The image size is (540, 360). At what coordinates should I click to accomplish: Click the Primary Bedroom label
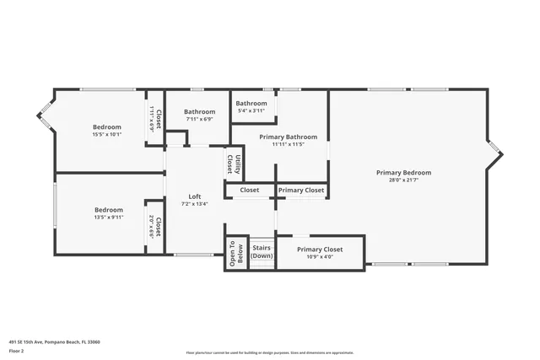point(403,172)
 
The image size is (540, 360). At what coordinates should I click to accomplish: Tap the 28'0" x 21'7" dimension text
point(403,180)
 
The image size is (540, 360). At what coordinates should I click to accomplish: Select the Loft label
point(194,196)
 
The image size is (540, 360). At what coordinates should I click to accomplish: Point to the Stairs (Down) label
point(262,251)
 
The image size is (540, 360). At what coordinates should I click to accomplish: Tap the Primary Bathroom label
point(289,137)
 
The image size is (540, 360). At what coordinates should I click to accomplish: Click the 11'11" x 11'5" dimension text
point(289,144)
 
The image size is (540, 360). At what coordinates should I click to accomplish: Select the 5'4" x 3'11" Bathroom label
point(251,103)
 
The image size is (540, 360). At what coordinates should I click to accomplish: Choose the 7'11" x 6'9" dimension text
point(200,119)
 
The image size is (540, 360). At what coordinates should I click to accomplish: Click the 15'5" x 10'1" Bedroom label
point(107,126)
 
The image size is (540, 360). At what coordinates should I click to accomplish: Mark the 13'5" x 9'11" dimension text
point(108,218)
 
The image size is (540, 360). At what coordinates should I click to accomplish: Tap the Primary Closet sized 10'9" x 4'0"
point(320,250)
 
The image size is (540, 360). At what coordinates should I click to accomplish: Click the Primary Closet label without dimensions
point(301,191)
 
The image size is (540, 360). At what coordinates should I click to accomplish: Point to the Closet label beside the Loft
point(250,191)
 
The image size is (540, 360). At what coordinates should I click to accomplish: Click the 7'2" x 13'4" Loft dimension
point(194,203)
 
